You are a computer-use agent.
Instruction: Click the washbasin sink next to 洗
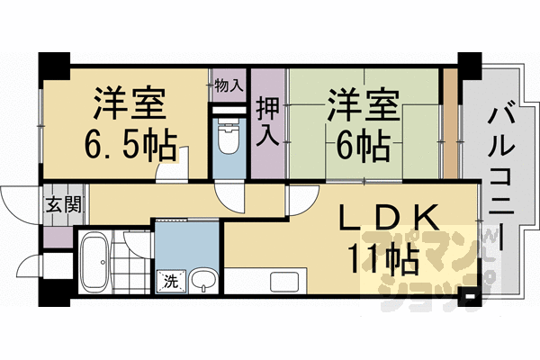[206, 280]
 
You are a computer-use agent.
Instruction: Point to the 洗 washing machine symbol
[170, 281]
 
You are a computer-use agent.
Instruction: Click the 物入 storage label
[229, 86]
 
